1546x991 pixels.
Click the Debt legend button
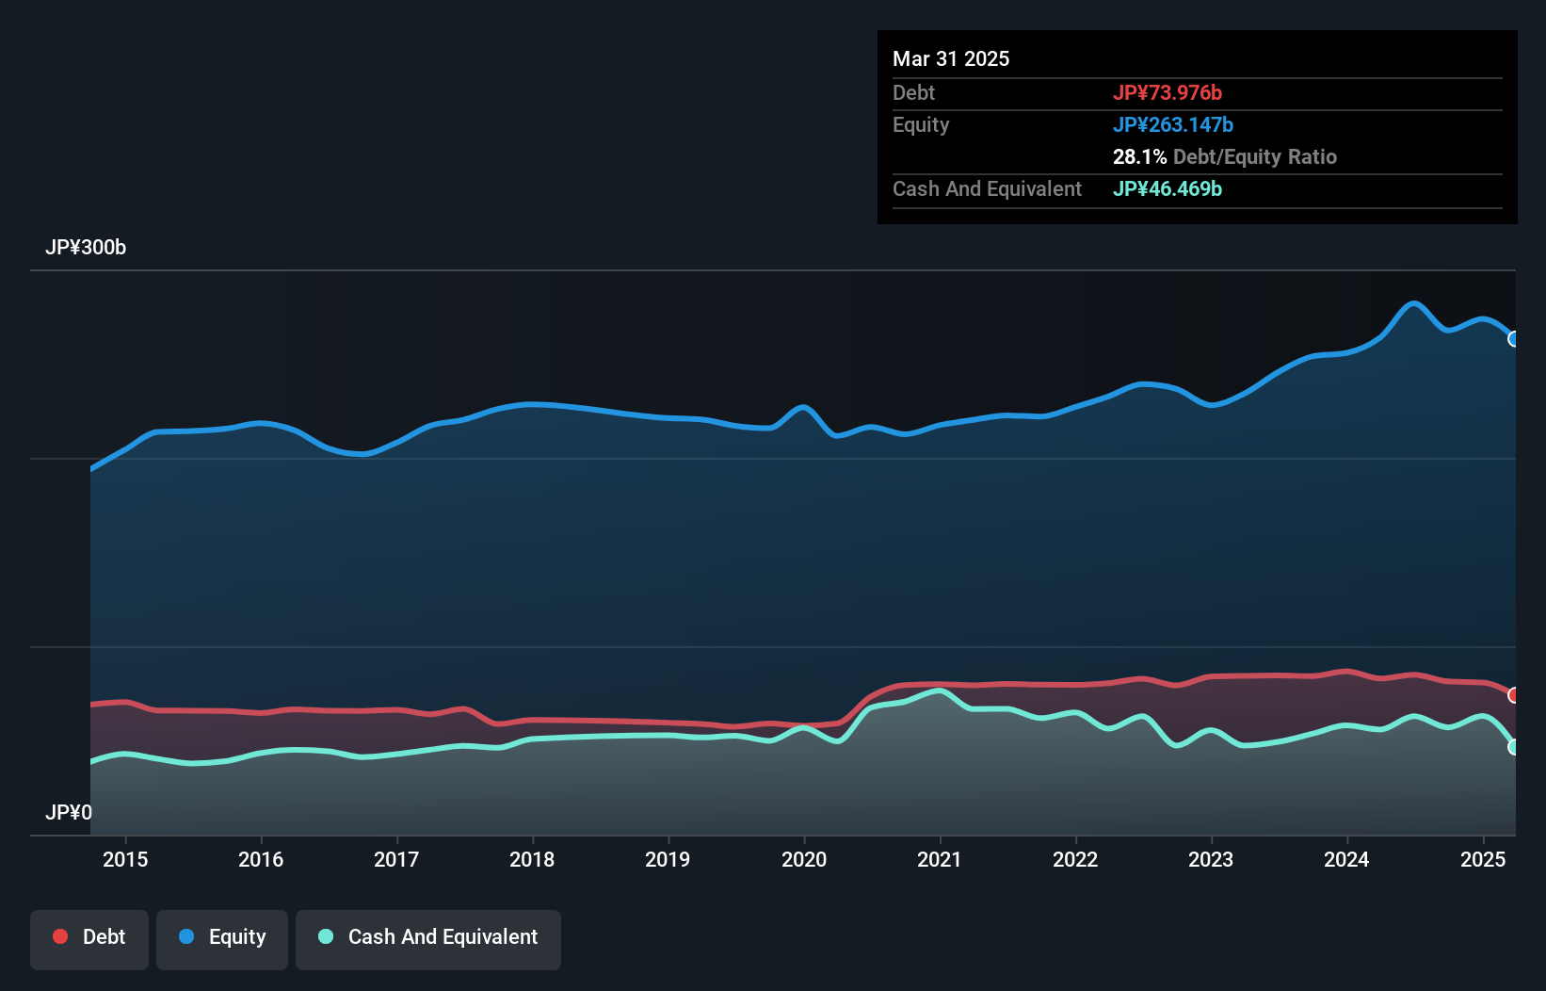[89, 937]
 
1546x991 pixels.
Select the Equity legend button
[222, 937]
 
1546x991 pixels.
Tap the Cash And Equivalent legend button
[428, 937]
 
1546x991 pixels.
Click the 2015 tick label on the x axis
[125, 859]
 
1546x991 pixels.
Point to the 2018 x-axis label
[532, 859]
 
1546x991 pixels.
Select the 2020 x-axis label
[804, 859]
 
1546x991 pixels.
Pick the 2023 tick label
[1211, 859]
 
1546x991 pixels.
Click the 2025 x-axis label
[1483, 859]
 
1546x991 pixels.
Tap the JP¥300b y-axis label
[86, 248]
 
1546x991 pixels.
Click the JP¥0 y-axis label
[69, 812]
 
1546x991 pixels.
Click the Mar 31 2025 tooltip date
[951, 59]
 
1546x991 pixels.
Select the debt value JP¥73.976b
[1168, 92]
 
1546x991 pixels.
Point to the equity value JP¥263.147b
[1173, 124]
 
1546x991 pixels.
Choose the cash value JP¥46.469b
[1168, 188]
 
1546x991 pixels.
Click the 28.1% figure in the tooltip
[1139, 156]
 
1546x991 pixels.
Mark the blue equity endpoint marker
[1513, 339]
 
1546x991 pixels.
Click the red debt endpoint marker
[1513, 695]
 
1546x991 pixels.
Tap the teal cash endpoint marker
[1513, 747]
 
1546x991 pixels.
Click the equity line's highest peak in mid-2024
[1413, 303]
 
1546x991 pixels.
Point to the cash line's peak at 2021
[940, 691]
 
